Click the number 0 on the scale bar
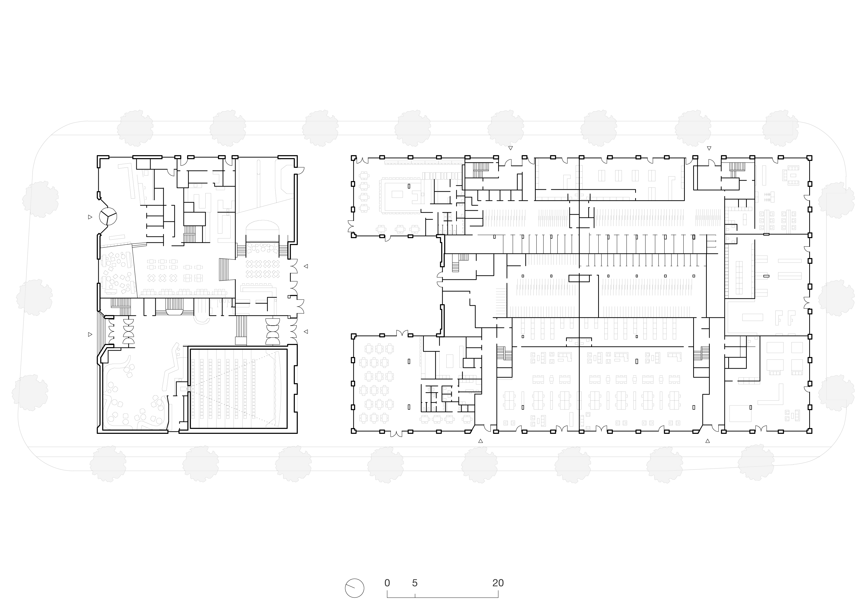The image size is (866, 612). [x=387, y=583]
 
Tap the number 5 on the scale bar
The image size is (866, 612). [x=415, y=583]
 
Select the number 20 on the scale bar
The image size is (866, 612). [x=498, y=583]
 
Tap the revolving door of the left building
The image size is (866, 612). [x=108, y=216]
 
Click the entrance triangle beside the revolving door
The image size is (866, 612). [x=90, y=217]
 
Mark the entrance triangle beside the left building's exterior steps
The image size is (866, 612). [x=90, y=334]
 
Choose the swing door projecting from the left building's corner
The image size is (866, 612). [x=300, y=170]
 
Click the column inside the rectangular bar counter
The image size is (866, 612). [x=409, y=186]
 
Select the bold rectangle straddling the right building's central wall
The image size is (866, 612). [x=579, y=278]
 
